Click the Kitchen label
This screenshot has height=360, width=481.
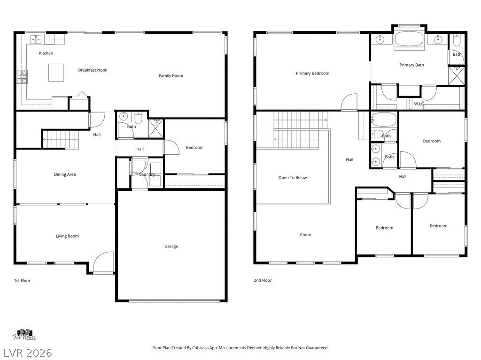click(x=46, y=53)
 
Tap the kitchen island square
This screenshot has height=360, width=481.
click(x=56, y=73)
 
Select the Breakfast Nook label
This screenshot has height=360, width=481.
click(x=93, y=70)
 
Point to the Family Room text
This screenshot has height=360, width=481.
click(x=171, y=75)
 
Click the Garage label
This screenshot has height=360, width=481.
click(x=171, y=246)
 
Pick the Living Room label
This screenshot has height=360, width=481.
click(x=67, y=236)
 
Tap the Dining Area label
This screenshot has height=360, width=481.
click(x=65, y=174)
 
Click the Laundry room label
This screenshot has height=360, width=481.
click(x=147, y=174)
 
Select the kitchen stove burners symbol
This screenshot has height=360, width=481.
click(x=22, y=77)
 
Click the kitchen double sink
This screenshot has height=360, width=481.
click(x=36, y=39)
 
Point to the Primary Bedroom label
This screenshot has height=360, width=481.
click(x=312, y=73)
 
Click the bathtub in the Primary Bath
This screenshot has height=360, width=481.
click(x=409, y=39)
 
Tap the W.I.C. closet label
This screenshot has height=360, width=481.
click(x=419, y=104)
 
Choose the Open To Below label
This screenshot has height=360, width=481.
click(x=293, y=178)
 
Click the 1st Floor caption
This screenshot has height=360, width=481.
click(x=22, y=280)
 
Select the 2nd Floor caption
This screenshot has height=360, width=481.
click(x=263, y=280)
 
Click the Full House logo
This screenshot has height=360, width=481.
click(x=24, y=335)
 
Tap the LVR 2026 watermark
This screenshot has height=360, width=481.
click(x=28, y=352)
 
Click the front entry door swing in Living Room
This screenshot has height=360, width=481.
click(x=103, y=261)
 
